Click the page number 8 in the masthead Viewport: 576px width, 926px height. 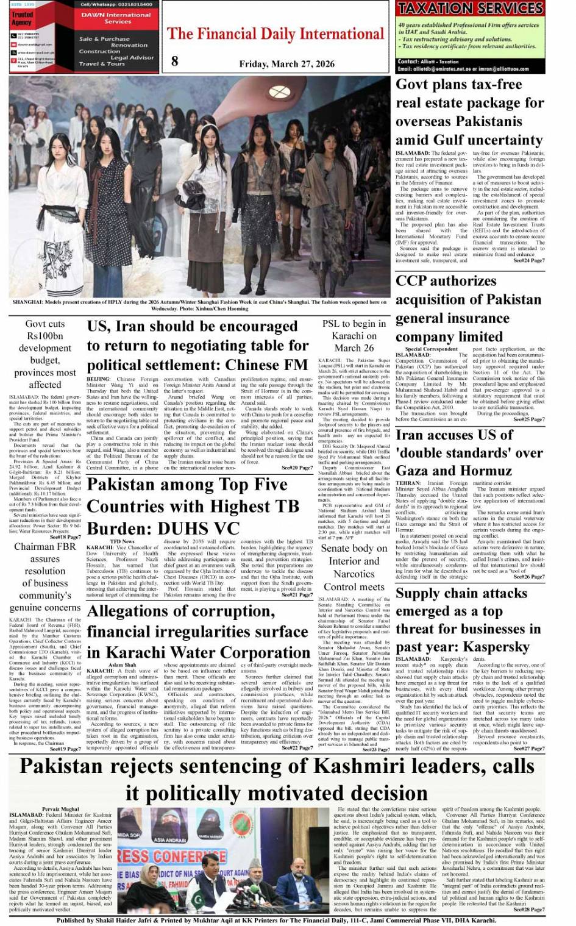click(x=175, y=60)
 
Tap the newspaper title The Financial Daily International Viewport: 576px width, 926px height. click(x=276, y=34)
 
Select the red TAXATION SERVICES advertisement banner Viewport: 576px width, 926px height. click(x=470, y=9)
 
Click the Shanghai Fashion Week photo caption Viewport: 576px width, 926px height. click(x=199, y=305)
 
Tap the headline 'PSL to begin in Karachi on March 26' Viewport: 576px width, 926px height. click(x=354, y=335)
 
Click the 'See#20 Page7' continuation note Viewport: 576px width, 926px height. click(x=297, y=468)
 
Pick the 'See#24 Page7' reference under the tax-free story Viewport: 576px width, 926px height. click(x=528, y=260)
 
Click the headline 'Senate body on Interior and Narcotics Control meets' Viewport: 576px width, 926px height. click(x=354, y=567)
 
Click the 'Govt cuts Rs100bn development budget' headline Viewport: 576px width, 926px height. click(x=45, y=354)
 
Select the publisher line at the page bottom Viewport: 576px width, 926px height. click(x=276, y=921)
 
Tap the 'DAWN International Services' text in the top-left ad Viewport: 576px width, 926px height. click(x=116, y=18)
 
